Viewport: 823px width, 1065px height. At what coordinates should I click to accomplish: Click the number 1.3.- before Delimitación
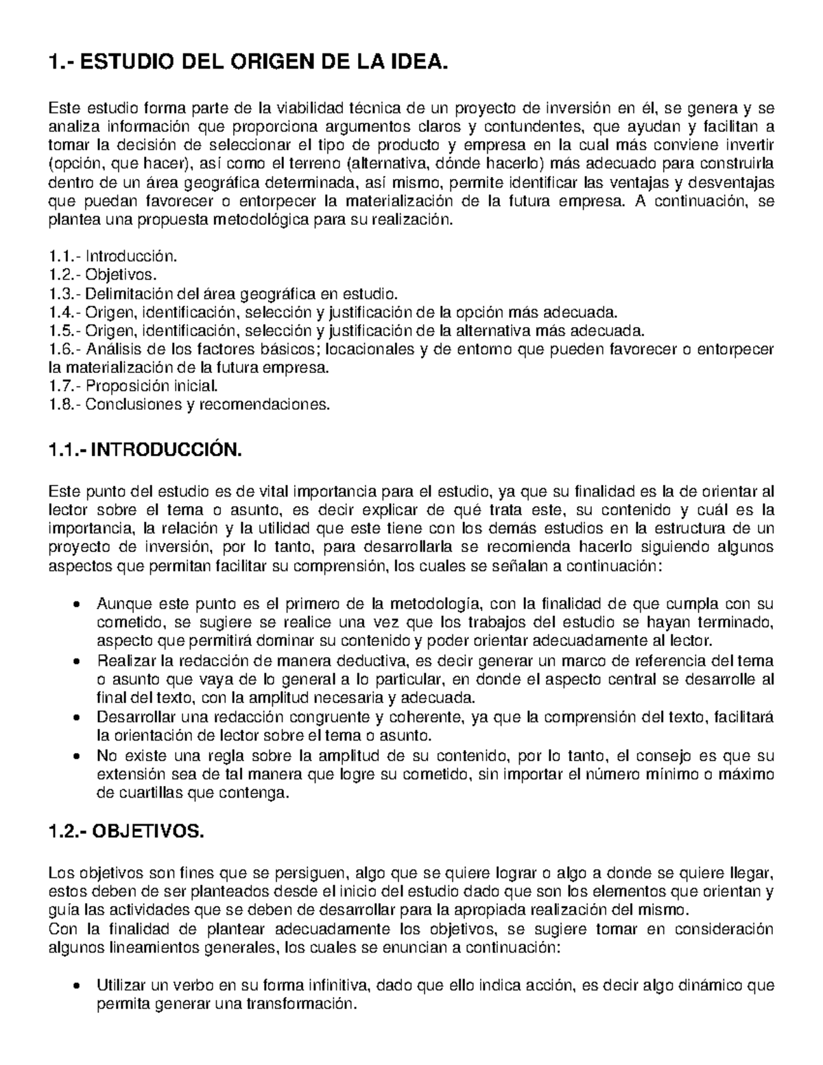(65, 294)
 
